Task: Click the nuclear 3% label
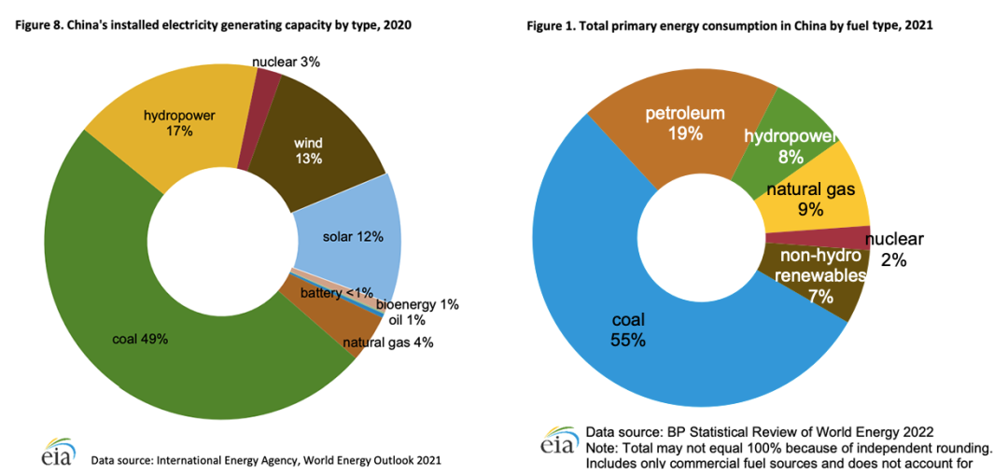point(286,63)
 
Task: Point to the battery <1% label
point(336,294)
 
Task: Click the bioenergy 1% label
point(417,304)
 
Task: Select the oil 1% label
point(406,320)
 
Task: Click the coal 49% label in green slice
point(140,339)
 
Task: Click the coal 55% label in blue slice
point(628,330)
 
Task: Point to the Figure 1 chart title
point(730,26)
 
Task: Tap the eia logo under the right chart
point(557,441)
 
